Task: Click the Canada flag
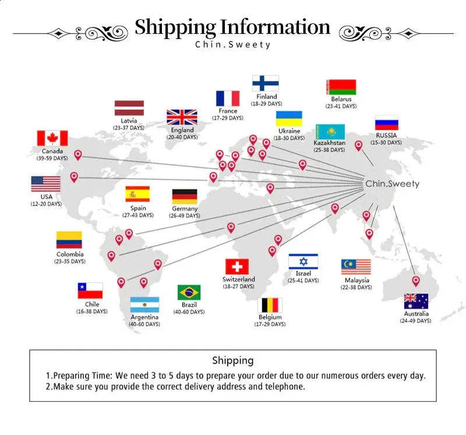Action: (x=52, y=138)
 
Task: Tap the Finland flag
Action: (x=266, y=83)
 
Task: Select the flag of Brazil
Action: (x=189, y=292)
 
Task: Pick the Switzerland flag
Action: (x=237, y=267)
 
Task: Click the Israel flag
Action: (x=303, y=261)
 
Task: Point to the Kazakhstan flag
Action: (x=330, y=132)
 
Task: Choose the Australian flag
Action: (x=416, y=301)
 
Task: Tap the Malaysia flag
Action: (x=356, y=267)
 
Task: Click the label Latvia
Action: (x=129, y=121)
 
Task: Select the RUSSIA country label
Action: (x=386, y=135)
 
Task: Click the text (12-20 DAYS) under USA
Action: (x=47, y=204)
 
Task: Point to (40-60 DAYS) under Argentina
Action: (x=144, y=324)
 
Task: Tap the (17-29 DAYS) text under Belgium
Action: (x=270, y=324)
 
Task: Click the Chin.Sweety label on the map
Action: (x=392, y=183)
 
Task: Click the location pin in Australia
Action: (x=416, y=281)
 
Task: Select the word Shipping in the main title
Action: (x=175, y=27)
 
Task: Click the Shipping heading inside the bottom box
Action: (x=233, y=360)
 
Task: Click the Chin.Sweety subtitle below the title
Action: (x=232, y=45)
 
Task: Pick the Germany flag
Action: (x=185, y=197)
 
